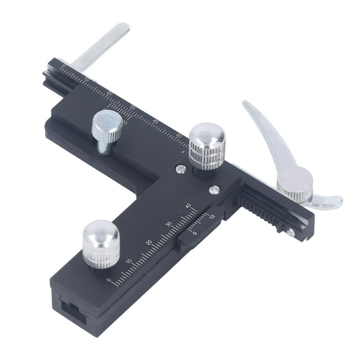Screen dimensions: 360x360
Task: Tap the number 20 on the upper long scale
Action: click(x=110, y=94)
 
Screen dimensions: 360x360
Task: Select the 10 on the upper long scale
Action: click(x=87, y=80)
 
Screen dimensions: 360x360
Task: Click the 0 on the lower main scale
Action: click(x=109, y=280)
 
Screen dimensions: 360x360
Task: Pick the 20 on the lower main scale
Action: click(x=149, y=242)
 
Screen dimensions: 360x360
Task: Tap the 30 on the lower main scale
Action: click(x=169, y=224)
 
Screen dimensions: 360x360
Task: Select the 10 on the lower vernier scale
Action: click(x=212, y=217)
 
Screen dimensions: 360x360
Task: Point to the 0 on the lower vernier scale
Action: click(x=195, y=232)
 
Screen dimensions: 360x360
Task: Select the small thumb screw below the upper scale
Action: click(x=107, y=129)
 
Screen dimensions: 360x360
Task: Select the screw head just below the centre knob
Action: click(x=214, y=189)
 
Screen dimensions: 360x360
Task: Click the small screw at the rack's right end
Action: click(x=291, y=232)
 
